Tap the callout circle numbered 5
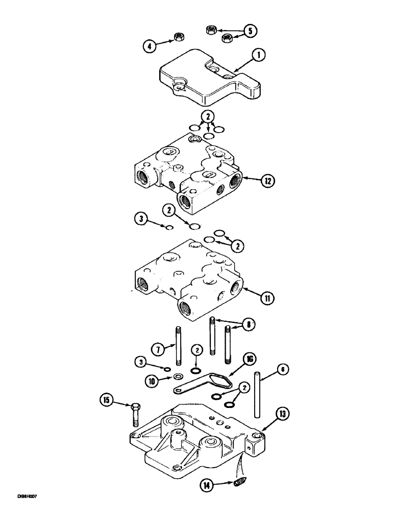(x=250, y=31)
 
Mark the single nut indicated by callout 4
(x=179, y=37)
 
